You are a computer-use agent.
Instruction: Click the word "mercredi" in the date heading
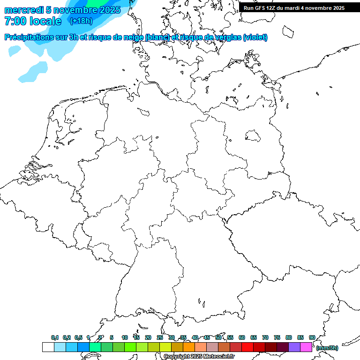(24, 9)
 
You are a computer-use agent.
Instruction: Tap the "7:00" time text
(15, 21)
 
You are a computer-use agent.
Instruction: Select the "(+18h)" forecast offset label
(81, 21)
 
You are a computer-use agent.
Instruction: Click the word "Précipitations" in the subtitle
(33, 37)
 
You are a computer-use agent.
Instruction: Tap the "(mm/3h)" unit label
(327, 348)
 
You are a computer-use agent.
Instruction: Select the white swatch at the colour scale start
(48, 347)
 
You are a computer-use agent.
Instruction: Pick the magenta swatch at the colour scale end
(306, 347)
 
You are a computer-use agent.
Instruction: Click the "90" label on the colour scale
(312, 337)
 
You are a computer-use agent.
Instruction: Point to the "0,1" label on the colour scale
(55, 337)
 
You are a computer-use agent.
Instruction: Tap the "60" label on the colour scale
(242, 337)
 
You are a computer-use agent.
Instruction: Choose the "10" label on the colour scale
(125, 337)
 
